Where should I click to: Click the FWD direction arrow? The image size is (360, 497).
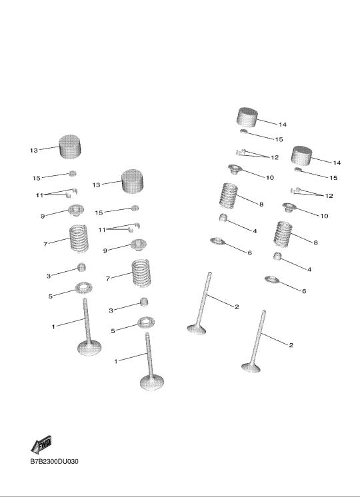coord(41,444)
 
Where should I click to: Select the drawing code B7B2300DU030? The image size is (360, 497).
coord(54,462)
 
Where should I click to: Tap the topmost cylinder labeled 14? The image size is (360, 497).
coord(247,117)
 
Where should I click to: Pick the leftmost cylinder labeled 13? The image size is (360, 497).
coord(70,147)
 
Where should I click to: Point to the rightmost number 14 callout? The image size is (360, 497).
coord(337,163)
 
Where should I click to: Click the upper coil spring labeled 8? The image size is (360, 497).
coord(229,196)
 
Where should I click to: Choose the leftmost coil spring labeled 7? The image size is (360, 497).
coord(79,239)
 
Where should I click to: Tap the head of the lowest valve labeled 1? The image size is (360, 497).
coord(152,382)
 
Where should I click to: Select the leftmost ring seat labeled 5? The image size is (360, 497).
coord(83,288)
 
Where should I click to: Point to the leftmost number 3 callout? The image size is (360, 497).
coord(49,276)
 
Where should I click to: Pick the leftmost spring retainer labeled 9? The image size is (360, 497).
coord(76,210)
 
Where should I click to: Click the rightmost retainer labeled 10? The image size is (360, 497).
coord(289,208)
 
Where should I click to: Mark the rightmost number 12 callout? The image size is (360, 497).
coord(329,196)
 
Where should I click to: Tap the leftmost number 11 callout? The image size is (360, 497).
coord(39,195)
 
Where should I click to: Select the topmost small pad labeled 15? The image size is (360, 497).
coord(243,131)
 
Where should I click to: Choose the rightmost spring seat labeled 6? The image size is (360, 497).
coord(272,280)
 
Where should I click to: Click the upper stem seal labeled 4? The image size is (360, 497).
coord(223,217)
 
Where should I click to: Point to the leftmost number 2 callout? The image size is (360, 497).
coord(237,307)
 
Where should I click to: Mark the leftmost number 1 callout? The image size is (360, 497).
coord(53,326)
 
